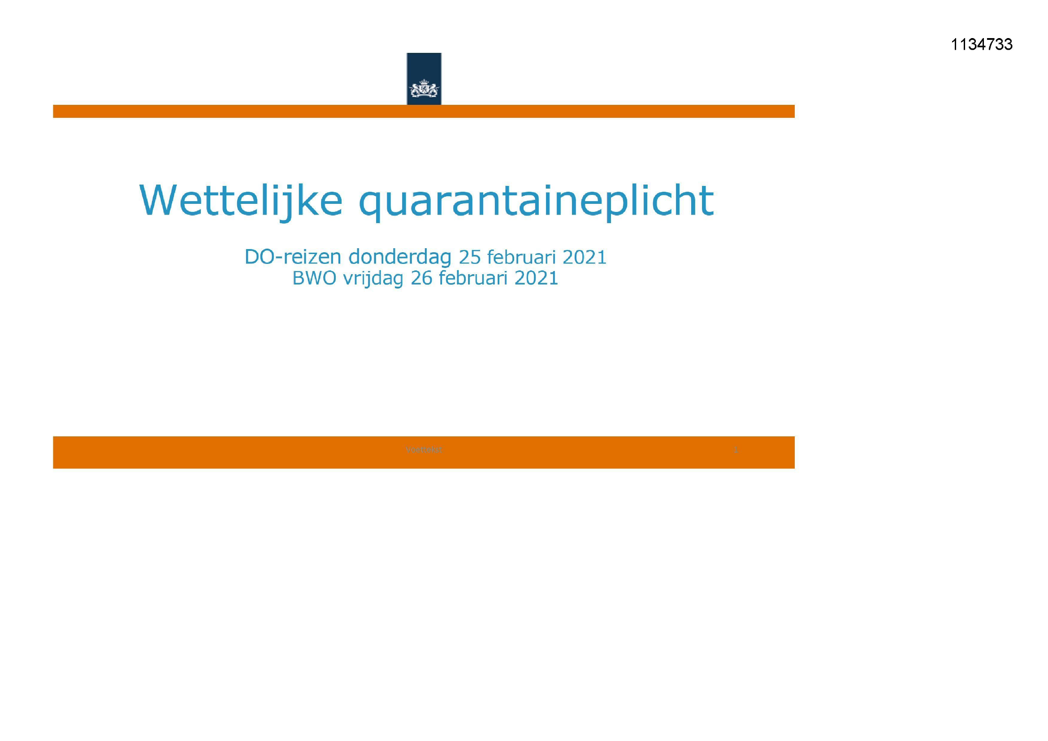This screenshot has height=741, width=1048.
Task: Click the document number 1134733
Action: [x=981, y=45]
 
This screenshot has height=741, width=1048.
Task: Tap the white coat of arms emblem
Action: [x=424, y=89]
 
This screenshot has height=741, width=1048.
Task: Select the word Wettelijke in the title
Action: [x=241, y=201]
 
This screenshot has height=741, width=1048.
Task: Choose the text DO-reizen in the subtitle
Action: [x=293, y=257]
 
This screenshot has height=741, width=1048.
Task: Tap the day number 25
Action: [x=470, y=257]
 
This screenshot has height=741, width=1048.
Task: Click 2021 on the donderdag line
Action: [x=584, y=257]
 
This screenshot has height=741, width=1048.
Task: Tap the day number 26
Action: [x=421, y=278]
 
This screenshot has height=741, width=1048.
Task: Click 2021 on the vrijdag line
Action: [x=536, y=278]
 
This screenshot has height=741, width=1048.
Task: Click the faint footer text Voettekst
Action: [x=424, y=450]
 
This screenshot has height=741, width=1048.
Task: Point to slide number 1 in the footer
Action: [x=735, y=450]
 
